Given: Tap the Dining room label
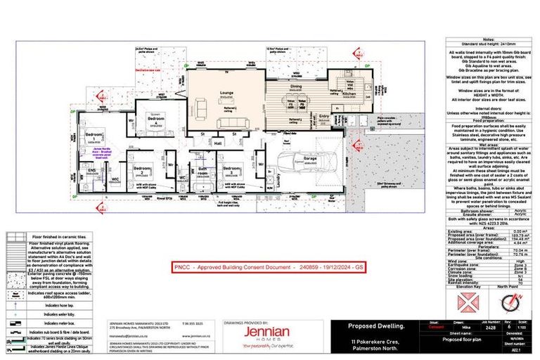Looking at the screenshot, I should (295, 86).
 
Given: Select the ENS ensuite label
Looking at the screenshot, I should (91, 169).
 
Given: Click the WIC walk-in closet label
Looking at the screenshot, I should (115, 180).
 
